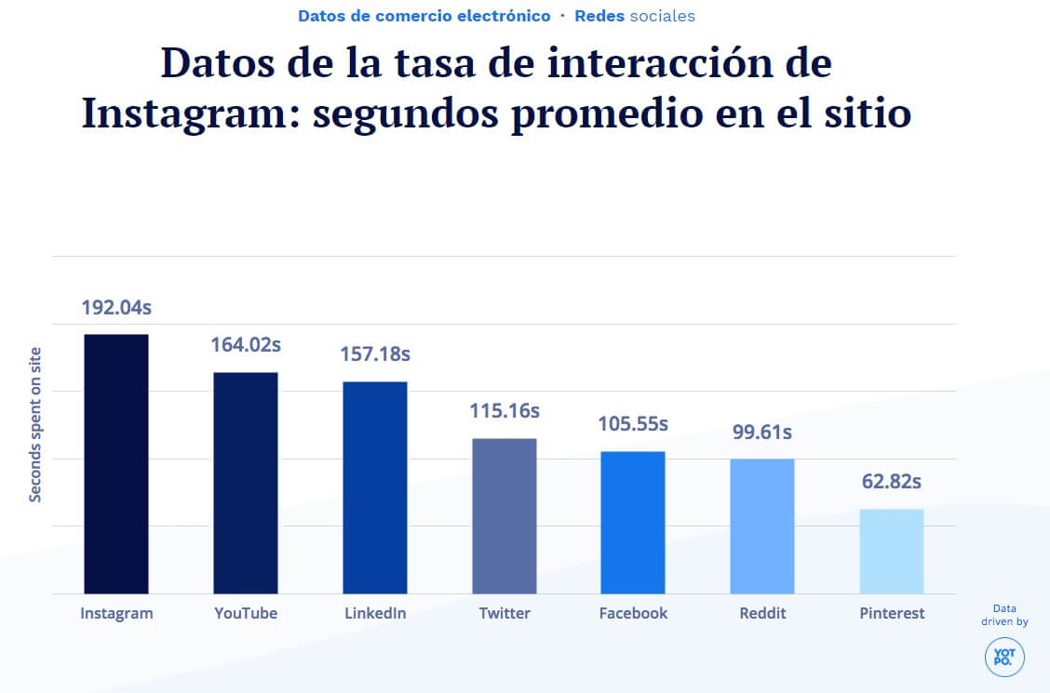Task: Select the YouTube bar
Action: pyautogui.click(x=246, y=483)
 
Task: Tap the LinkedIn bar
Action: pyautogui.click(x=375, y=487)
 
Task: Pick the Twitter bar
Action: pyautogui.click(x=505, y=515)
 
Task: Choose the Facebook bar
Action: pyautogui.click(x=633, y=522)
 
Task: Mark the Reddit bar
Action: pyautogui.click(x=762, y=526)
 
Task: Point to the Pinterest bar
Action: pyautogui.click(x=892, y=551)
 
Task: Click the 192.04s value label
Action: pyautogui.click(x=116, y=308)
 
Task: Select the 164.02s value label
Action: pyautogui.click(x=246, y=345)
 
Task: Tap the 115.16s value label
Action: pyautogui.click(x=505, y=410)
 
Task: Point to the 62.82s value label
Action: pyautogui.click(x=892, y=482)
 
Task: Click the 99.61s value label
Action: pyautogui.click(x=762, y=433)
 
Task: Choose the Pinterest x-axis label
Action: pyautogui.click(x=892, y=613)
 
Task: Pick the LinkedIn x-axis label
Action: pyautogui.click(x=375, y=613)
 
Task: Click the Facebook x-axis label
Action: pyautogui.click(x=633, y=613)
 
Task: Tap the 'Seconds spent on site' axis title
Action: pyautogui.click(x=35, y=424)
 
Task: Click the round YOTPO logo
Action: pyautogui.click(x=1004, y=657)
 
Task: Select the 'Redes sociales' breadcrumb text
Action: pyautogui.click(x=635, y=16)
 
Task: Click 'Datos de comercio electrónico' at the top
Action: pyautogui.click(x=424, y=16)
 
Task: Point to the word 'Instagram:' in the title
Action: pyautogui.click(x=189, y=113)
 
